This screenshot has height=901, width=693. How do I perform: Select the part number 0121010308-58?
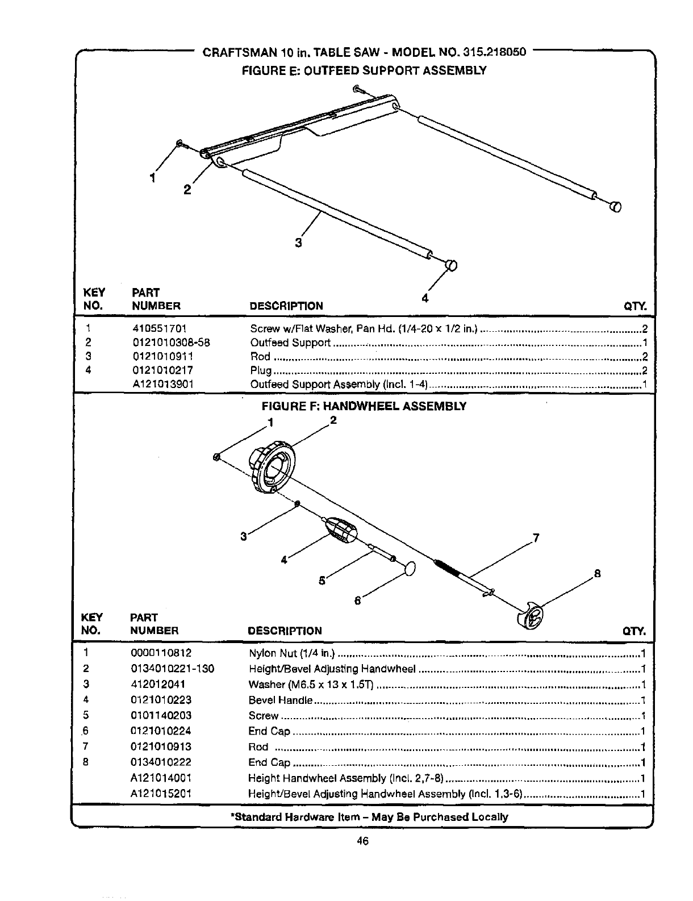(170, 343)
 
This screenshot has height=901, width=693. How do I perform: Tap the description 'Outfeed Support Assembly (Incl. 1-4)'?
(339, 385)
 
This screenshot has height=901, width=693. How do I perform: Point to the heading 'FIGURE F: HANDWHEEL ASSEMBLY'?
(364, 406)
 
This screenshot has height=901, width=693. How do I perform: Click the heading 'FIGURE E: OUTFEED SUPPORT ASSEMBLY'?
(364, 70)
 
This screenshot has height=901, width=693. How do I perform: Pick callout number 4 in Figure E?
(424, 298)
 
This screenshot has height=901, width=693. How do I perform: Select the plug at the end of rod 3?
(450, 265)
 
